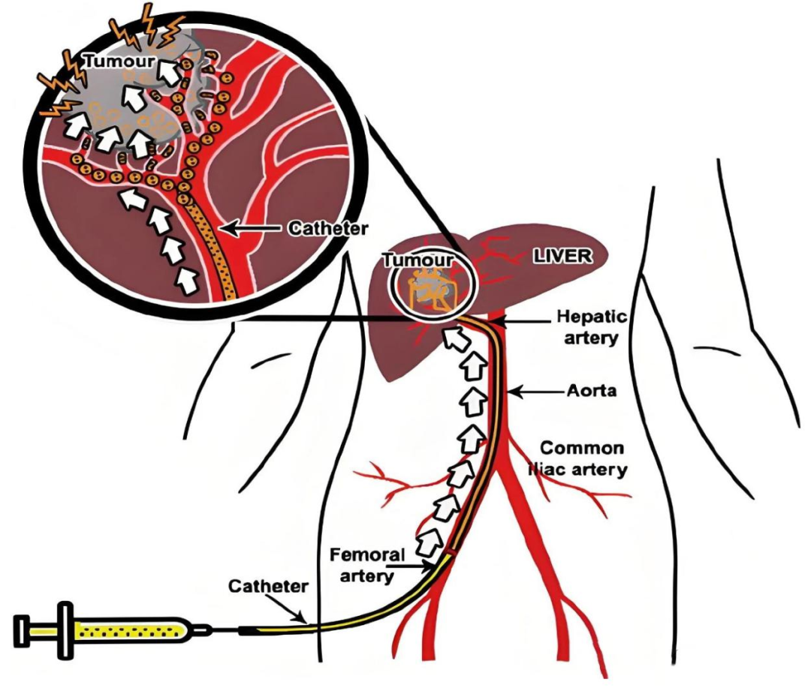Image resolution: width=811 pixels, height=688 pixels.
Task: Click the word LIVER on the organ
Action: click(562, 256)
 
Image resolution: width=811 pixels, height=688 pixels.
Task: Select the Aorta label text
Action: click(583, 392)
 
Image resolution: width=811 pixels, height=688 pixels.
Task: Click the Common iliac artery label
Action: click(583, 459)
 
